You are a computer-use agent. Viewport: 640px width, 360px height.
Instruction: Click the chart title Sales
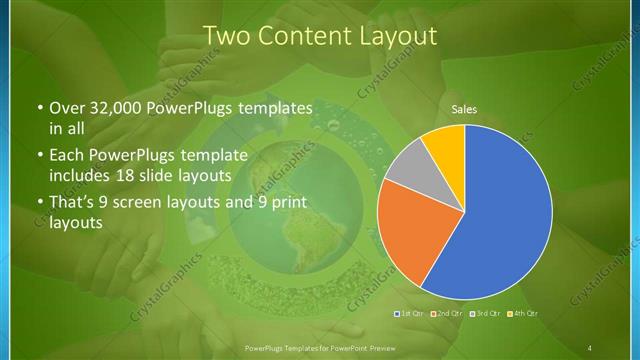click(463, 108)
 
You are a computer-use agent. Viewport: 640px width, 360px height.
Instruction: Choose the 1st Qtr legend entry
click(412, 314)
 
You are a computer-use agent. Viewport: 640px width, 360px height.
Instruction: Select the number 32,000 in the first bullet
click(111, 109)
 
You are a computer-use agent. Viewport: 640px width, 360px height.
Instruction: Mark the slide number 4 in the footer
click(591, 346)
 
